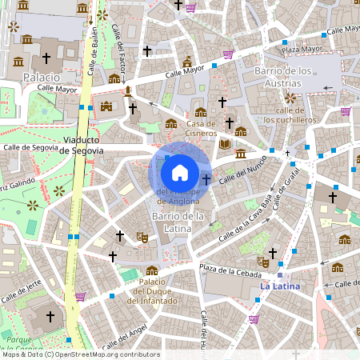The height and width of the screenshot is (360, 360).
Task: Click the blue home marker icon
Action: tap(180, 171)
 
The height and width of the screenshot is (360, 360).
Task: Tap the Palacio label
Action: tap(41, 77)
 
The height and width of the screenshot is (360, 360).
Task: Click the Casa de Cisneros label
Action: tap(202, 128)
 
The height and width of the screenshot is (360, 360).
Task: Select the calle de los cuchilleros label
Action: tap(290, 115)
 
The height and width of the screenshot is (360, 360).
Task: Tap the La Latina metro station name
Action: tap(279, 286)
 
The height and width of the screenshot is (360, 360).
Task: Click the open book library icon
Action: tap(225, 144)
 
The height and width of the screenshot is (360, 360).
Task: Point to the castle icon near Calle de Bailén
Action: tap(106, 106)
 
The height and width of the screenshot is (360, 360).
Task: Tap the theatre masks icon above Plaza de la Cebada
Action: tap(262, 261)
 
